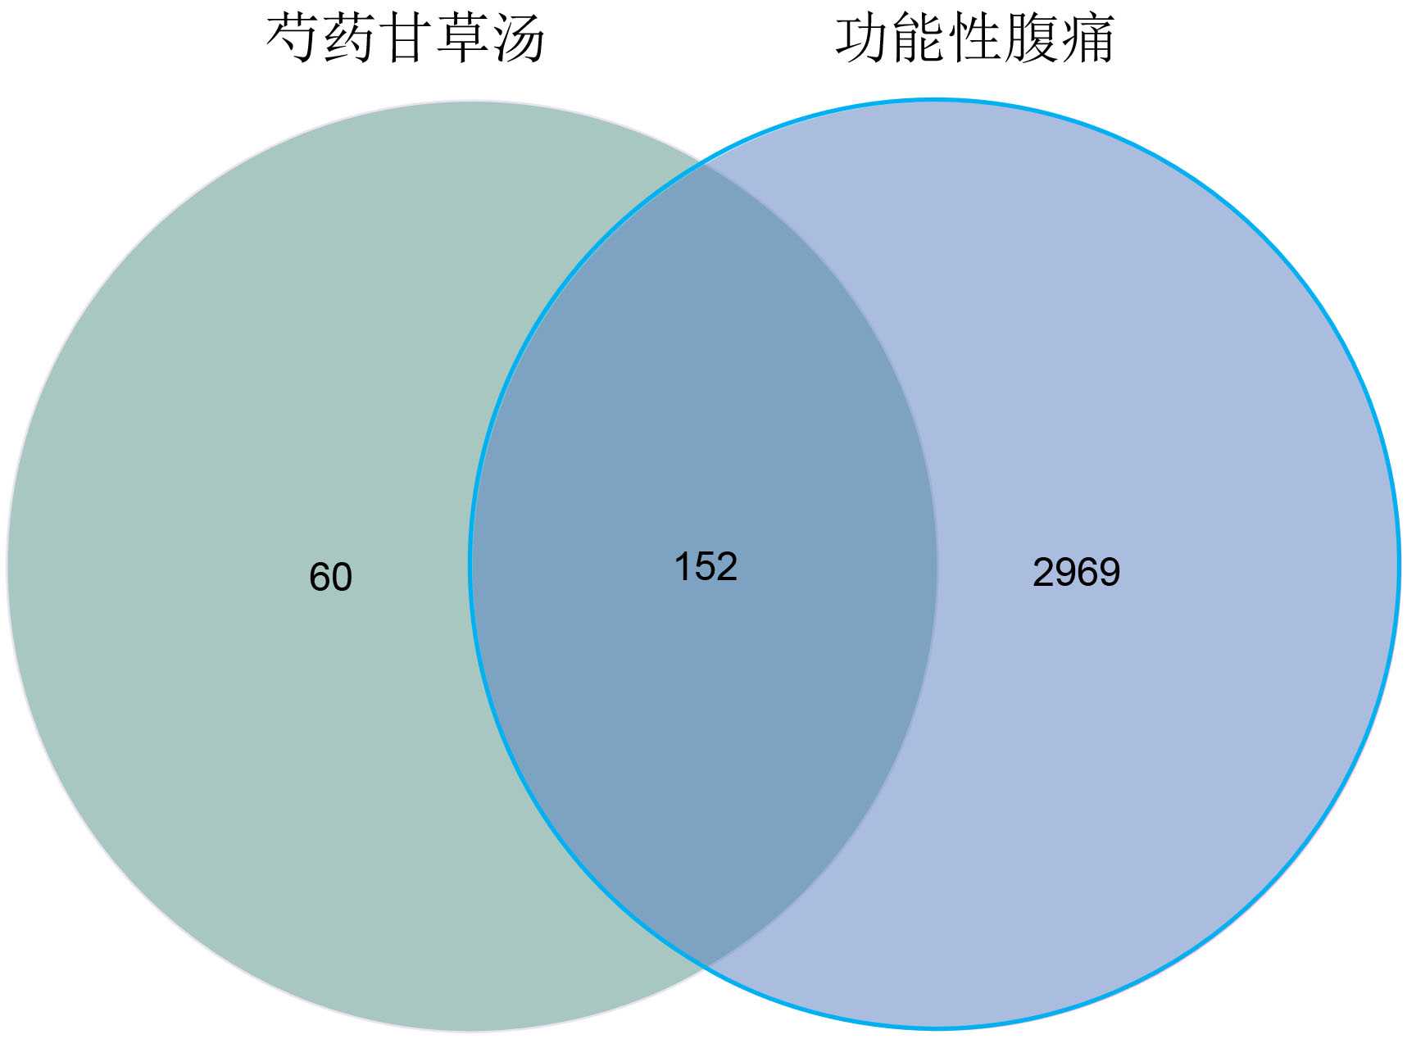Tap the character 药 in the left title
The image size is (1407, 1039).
pos(351,39)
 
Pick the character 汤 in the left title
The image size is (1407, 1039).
pos(519,39)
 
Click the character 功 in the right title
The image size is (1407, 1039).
pos(863,39)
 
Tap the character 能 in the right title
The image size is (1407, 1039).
pos(919,39)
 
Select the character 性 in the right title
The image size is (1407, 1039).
pos(975,39)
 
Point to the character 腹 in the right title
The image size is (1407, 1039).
pos(1031,39)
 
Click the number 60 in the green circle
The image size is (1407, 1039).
pos(330,577)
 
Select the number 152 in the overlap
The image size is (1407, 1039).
pos(706,566)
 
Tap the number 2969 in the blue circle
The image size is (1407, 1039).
pos(1076,572)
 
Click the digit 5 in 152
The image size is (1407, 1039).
pos(706,566)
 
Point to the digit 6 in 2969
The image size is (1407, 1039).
pos(1087,572)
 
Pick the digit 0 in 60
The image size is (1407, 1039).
pos(342,577)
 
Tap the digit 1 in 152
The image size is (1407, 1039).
pos(683,566)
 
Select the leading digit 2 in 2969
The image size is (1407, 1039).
pos(1043,572)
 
